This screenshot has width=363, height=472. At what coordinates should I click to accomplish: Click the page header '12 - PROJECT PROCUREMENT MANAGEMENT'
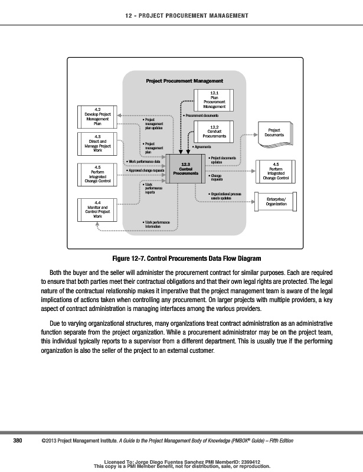coord(182,15)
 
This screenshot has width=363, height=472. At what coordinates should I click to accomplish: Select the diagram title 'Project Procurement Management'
coord(184,80)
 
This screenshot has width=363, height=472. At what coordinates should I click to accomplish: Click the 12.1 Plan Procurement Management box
coord(214,100)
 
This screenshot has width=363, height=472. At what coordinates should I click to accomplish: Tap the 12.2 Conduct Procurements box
coord(214,131)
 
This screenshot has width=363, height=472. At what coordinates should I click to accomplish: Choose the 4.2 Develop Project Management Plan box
coord(98,116)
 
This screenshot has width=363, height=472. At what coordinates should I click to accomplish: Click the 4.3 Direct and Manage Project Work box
coord(98,145)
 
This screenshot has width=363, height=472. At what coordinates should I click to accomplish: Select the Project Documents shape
coord(275,132)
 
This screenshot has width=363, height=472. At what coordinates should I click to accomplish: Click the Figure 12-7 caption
coord(182,259)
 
